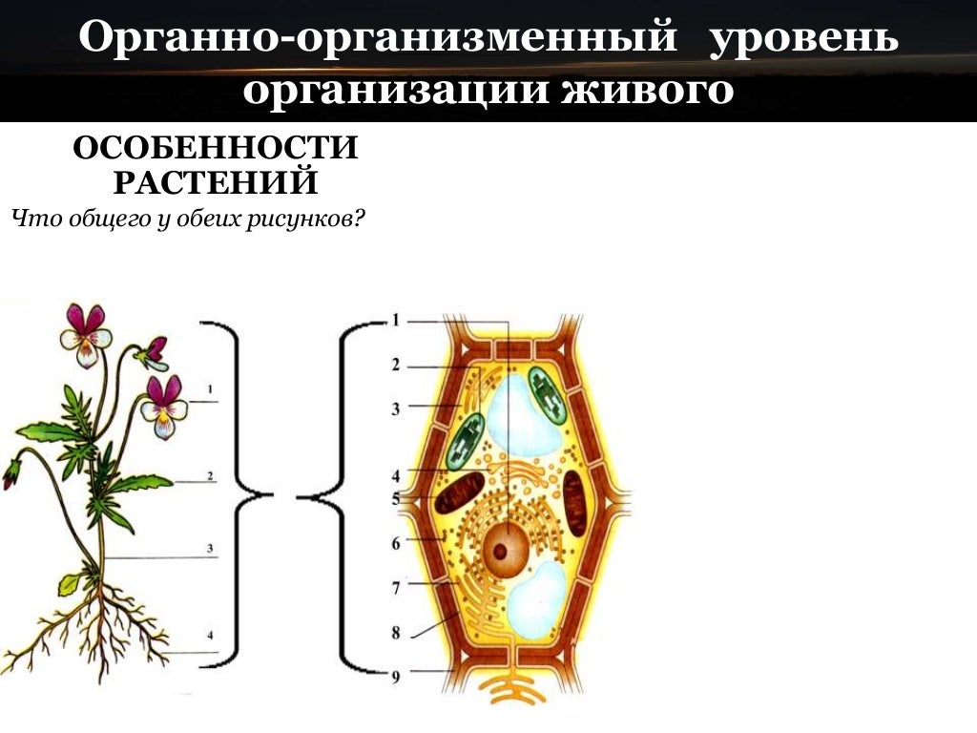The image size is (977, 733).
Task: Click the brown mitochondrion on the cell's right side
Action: [x=575, y=502]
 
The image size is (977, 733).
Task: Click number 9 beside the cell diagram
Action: [x=395, y=677]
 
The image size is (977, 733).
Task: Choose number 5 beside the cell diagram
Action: [x=395, y=497]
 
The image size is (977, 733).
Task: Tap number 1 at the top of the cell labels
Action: [x=395, y=321]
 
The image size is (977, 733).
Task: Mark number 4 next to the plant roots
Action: [x=210, y=636]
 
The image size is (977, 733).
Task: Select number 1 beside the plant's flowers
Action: [x=209, y=388]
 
